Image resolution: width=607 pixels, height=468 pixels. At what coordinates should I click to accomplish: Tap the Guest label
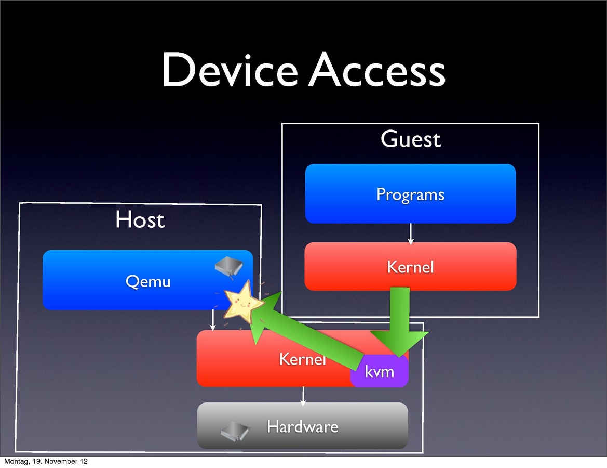pyautogui.click(x=410, y=139)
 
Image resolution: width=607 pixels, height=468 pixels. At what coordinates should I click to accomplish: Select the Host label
pyautogui.click(x=140, y=220)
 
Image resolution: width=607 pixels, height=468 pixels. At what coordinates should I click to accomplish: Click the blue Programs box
pyautogui.click(x=410, y=194)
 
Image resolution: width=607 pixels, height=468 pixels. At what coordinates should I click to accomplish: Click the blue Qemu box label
pyautogui.click(x=148, y=281)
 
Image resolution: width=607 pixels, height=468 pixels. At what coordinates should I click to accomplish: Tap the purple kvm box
pyautogui.click(x=380, y=372)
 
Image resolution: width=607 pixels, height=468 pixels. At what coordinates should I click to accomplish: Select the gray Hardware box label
pyautogui.click(x=302, y=427)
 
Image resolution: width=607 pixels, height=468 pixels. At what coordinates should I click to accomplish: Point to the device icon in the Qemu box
pyautogui.click(x=229, y=266)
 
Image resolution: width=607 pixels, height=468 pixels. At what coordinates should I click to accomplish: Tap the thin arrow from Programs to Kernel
pyautogui.click(x=411, y=233)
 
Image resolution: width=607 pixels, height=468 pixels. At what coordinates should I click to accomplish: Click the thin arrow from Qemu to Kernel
pyautogui.click(x=212, y=320)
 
